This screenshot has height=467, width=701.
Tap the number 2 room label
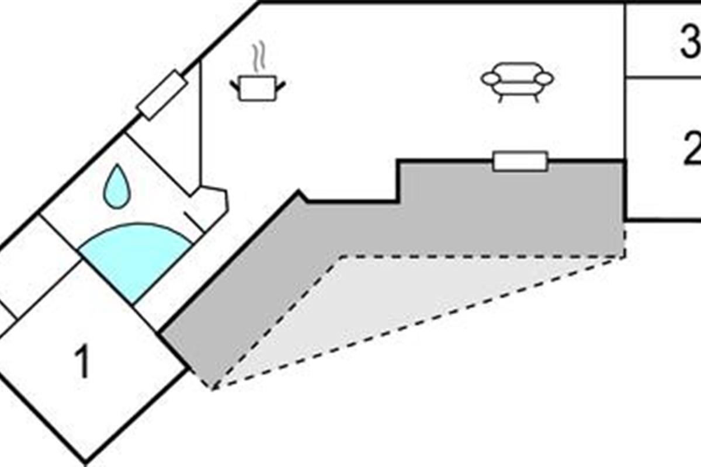click(x=692, y=149)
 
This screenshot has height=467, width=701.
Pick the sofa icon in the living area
click(x=517, y=82)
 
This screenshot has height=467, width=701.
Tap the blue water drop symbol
click(x=117, y=187)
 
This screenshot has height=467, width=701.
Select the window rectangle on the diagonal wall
click(x=162, y=95)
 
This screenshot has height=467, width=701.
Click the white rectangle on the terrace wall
click(x=520, y=161)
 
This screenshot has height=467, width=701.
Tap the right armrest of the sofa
click(x=544, y=78)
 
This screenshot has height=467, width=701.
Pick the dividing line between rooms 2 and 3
click(x=663, y=76)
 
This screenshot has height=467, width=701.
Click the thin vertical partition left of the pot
click(x=200, y=123)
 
